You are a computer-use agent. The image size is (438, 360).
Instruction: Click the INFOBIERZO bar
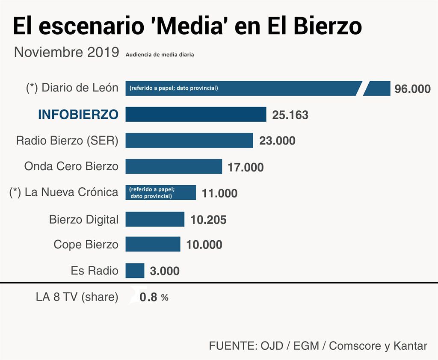pyautogui.click(x=195, y=115)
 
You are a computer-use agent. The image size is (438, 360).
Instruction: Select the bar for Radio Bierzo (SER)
pyautogui.click(x=189, y=140)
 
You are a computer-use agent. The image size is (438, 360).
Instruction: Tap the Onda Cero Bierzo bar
pyautogui.click(x=174, y=166)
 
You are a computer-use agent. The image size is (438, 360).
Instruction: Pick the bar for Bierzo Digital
pyautogui.click(x=155, y=219)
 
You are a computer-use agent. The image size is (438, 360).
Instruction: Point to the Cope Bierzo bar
pyautogui.click(x=153, y=244)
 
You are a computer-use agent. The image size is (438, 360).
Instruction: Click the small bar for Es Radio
pyautogui.click(x=135, y=271)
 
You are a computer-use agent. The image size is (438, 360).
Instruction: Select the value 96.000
pyautogui.click(x=412, y=89)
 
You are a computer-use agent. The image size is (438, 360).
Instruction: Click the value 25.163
pyautogui.click(x=290, y=115)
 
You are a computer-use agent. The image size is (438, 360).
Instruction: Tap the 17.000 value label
pyautogui.click(x=246, y=167)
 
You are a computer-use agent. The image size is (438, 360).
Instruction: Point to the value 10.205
pyautogui.click(x=208, y=220)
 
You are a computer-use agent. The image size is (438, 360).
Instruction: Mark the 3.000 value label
pyautogui.click(x=165, y=271)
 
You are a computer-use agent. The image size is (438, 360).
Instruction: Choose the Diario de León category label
pyautogui.click(x=72, y=88)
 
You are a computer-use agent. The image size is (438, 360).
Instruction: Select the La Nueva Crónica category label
pyautogui.click(x=64, y=192)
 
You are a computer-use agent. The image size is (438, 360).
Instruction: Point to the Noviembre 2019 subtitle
pyautogui.click(x=67, y=52)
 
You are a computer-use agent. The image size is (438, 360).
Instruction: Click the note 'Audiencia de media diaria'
pyautogui.click(x=160, y=55)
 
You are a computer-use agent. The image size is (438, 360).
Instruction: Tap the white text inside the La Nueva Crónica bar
pyautogui.click(x=152, y=193)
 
